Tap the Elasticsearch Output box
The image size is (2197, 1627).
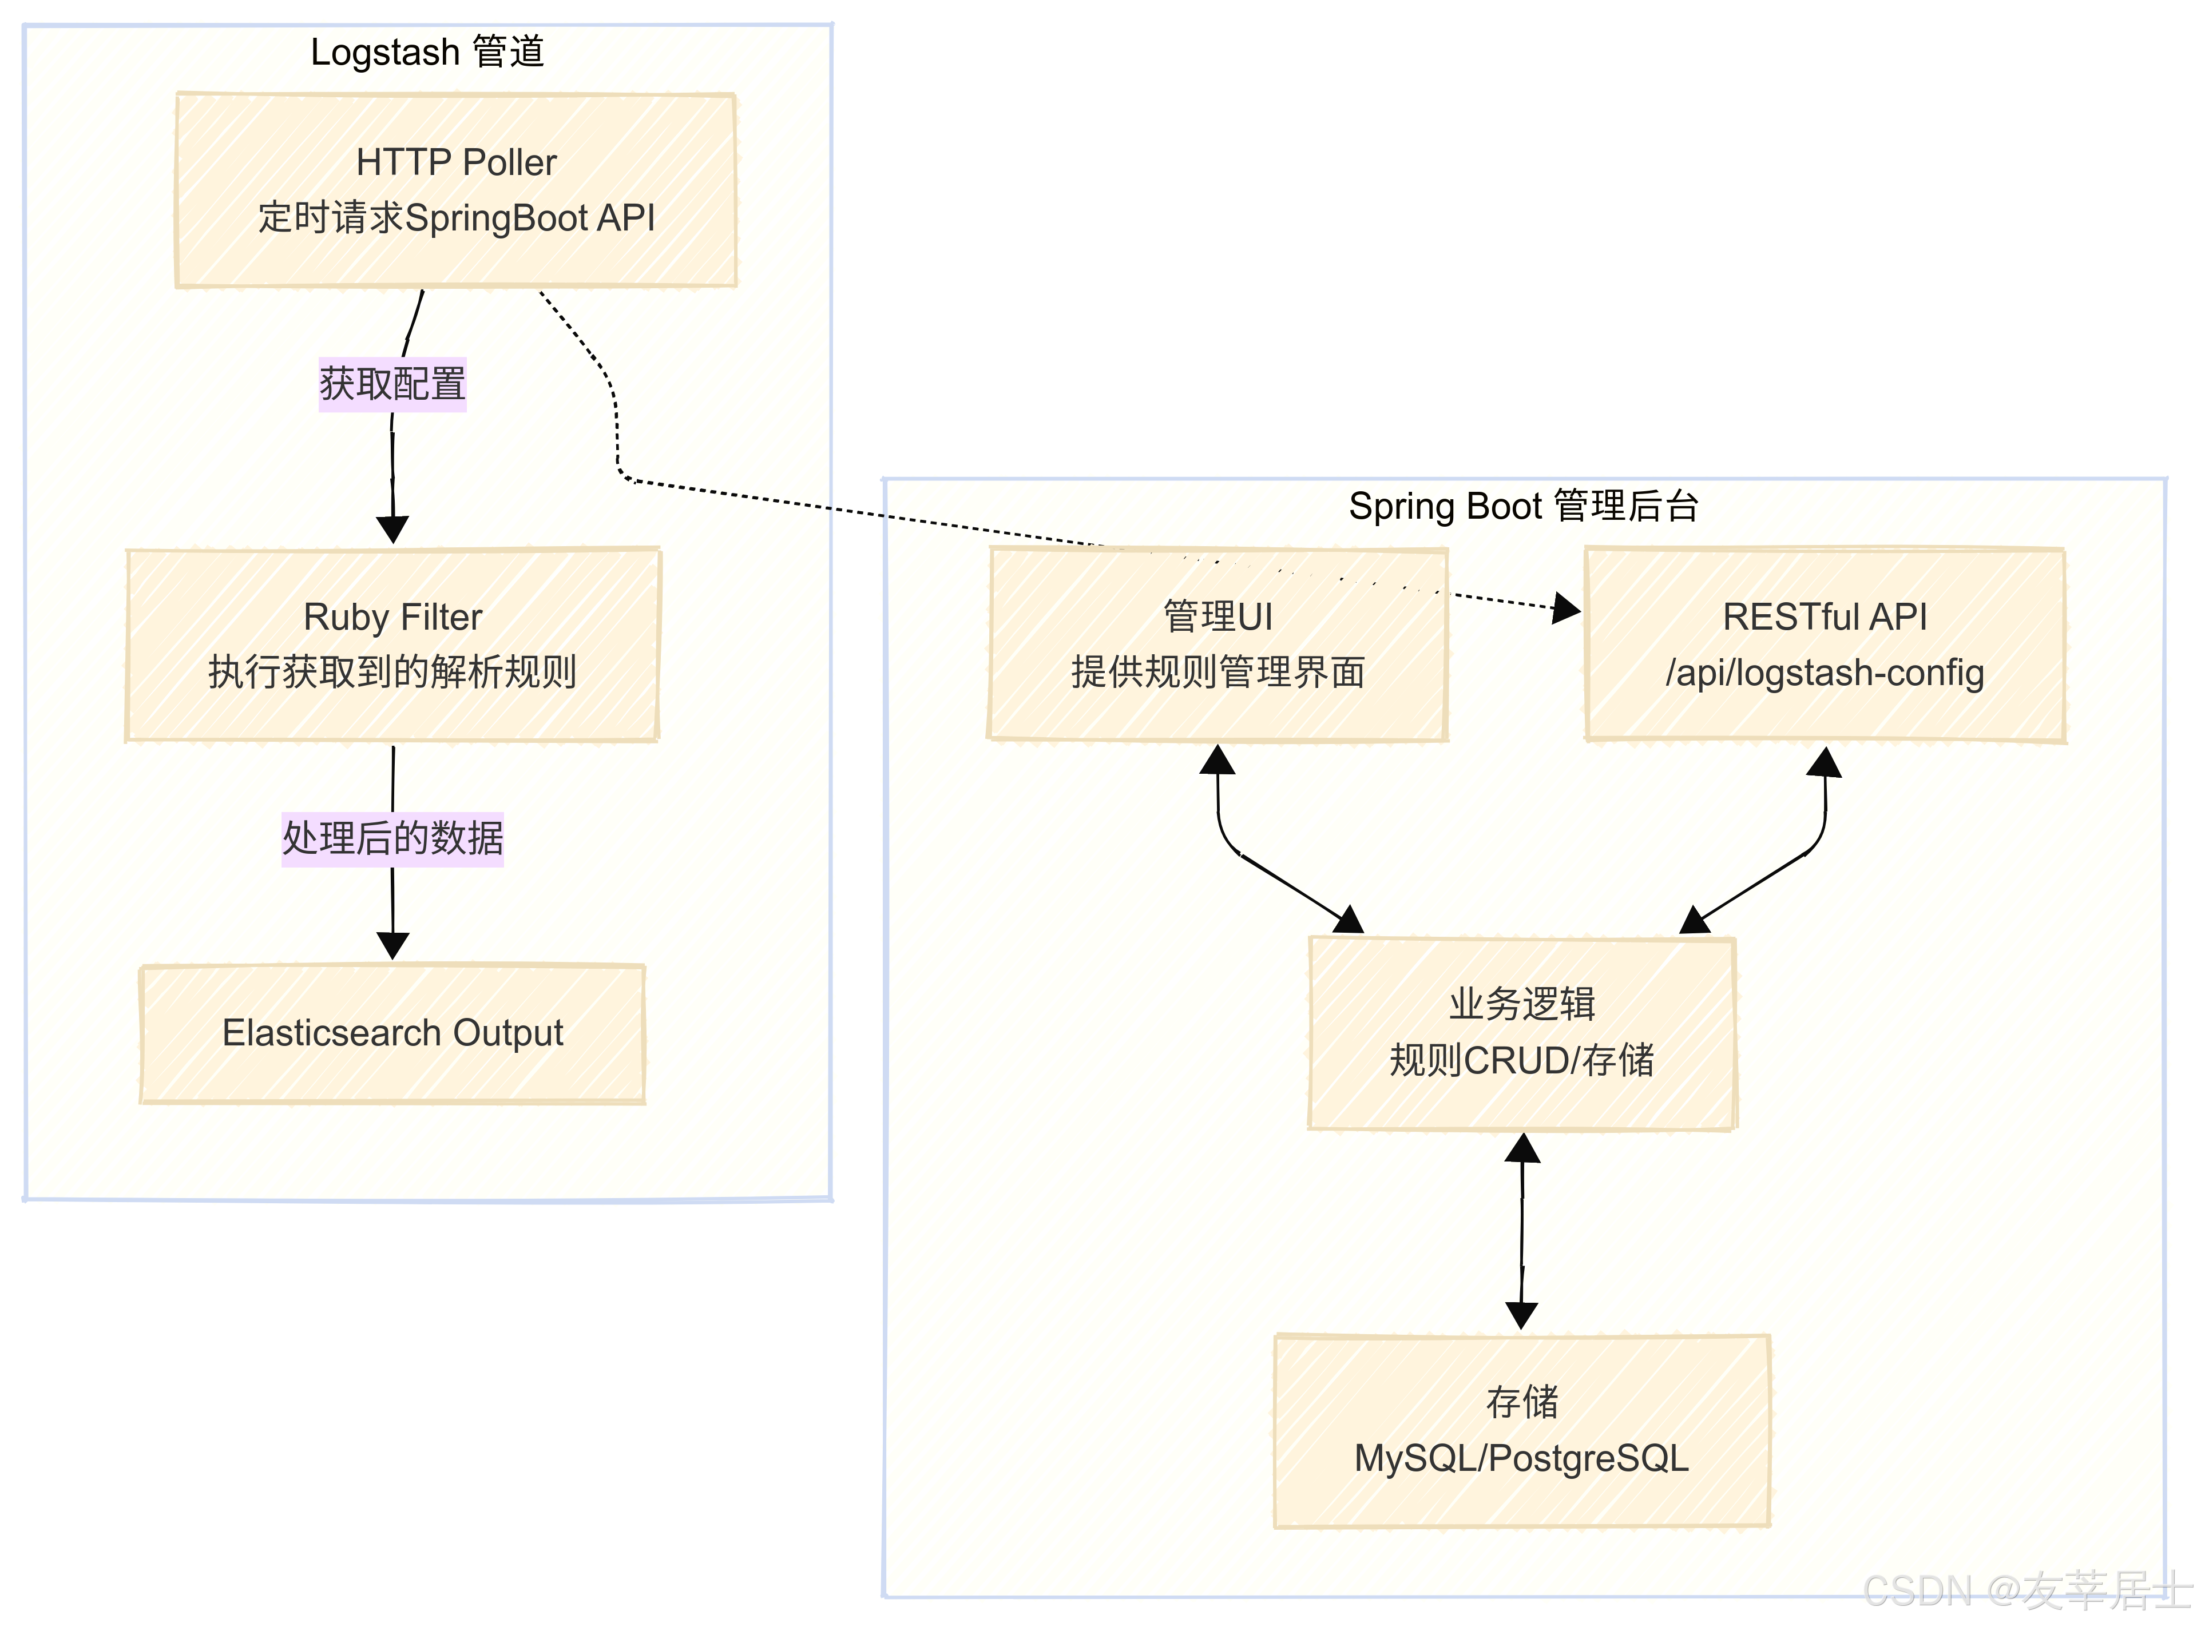[x=392, y=1033]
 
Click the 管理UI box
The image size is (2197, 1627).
[x=1218, y=644]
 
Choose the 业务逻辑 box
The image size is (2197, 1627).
[x=1521, y=1032]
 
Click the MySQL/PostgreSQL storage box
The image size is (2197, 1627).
[x=1521, y=1430]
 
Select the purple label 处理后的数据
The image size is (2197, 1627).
[x=392, y=839]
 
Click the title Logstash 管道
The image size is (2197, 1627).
[x=427, y=51]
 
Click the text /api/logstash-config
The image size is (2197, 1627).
[x=1825, y=673]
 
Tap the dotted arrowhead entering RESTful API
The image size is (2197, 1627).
[x=1567, y=608]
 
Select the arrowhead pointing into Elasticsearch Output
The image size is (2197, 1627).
[x=392, y=945]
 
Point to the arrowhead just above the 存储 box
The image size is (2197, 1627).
[x=1521, y=1315]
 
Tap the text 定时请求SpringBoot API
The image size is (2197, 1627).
[x=456, y=218]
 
